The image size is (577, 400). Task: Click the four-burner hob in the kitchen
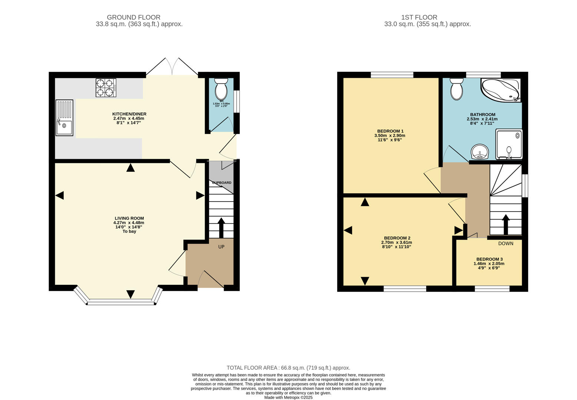(106, 88)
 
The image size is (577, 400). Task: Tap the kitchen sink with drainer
(64, 118)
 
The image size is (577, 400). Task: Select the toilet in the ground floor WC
(221, 88)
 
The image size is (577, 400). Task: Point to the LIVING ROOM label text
(129, 219)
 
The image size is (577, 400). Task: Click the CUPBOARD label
(222, 183)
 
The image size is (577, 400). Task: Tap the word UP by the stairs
(221, 247)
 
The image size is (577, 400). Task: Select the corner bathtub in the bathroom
(500, 90)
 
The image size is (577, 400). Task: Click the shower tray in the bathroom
(509, 144)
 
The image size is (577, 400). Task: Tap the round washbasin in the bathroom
(480, 151)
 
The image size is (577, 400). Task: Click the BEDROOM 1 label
(390, 131)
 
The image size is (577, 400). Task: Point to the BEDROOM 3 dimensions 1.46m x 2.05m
(489, 264)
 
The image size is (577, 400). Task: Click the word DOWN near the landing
(505, 243)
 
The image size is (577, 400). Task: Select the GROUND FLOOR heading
(133, 17)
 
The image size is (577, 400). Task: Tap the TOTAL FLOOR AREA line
(288, 368)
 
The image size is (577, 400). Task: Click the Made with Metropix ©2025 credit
(288, 397)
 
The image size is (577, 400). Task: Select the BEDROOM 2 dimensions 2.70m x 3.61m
(397, 243)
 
